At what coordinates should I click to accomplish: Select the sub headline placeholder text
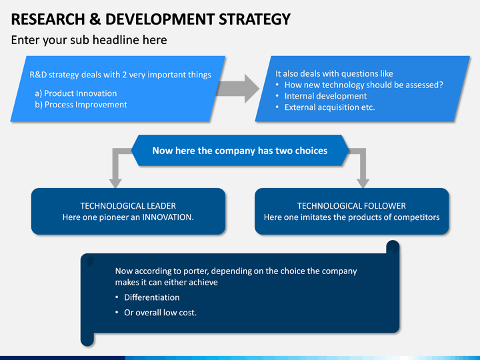(89, 40)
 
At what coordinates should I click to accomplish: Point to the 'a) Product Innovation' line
(75, 93)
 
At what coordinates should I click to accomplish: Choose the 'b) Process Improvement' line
(80, 105)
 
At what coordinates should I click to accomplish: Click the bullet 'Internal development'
(325, 96)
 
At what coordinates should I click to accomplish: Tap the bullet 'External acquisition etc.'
(329, 107)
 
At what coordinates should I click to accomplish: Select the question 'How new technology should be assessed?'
(363, 85)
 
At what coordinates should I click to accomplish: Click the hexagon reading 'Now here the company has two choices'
(239, 151)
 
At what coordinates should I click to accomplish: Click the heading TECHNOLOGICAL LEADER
(128, 206)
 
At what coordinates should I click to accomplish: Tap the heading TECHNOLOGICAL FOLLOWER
(351, 206)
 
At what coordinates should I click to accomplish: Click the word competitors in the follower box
(415, 217)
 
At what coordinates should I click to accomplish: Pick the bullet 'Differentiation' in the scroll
(151, 297)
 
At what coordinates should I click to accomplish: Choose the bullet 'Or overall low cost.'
(160, 313)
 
